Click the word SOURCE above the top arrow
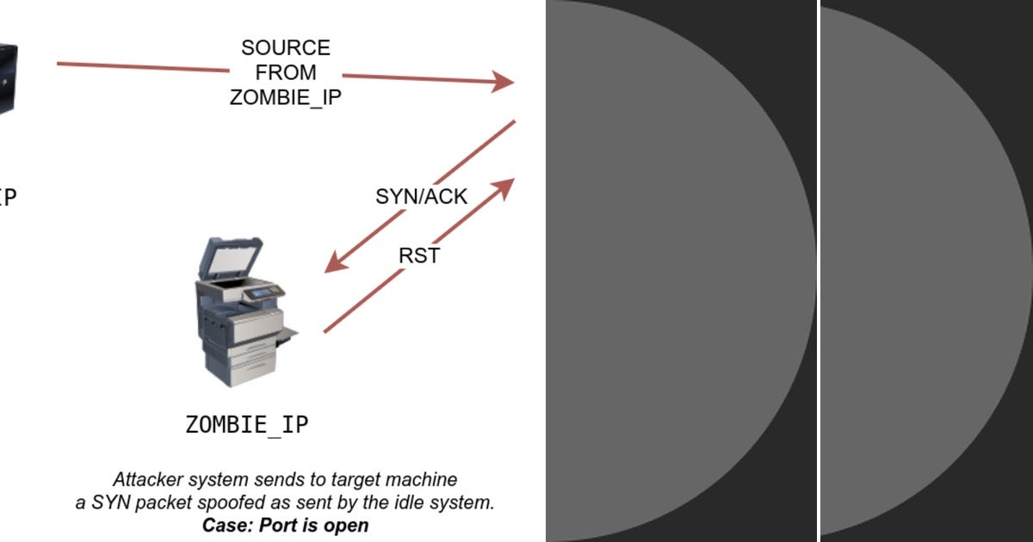285,47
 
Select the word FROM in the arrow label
285,72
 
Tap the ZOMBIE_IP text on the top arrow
285,97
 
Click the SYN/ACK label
421,196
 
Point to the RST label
419,256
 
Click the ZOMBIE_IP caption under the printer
247,424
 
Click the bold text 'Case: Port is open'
285,525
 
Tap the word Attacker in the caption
148,479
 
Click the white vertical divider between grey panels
819,271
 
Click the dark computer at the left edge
7,77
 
